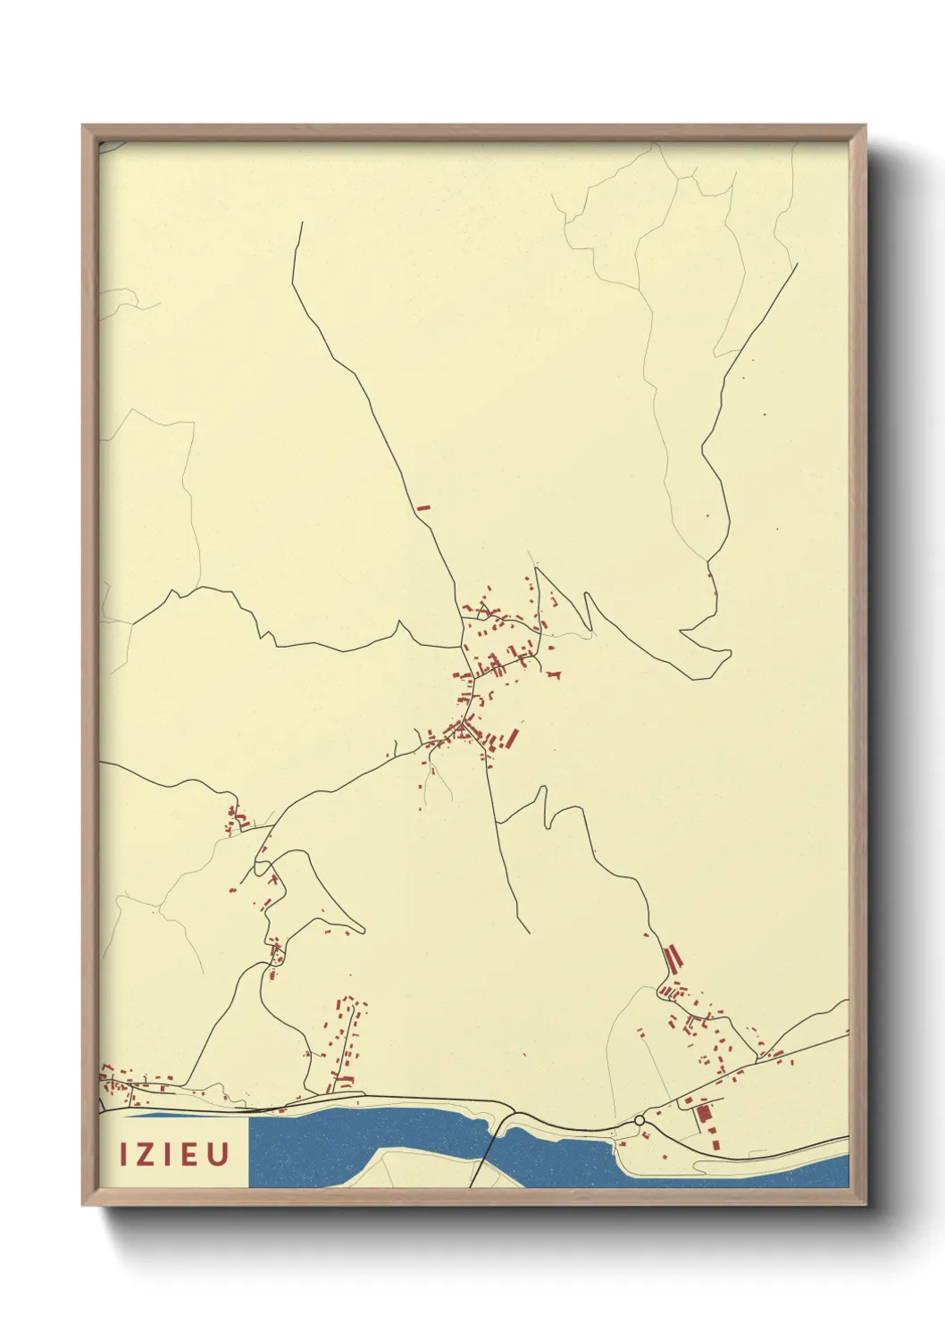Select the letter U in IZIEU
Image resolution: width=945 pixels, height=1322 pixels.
click(x=218, y=1154)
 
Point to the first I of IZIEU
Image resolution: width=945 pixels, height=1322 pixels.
click(x=124, y=1154)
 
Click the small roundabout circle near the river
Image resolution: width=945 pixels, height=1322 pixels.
click(x=640, y=1120)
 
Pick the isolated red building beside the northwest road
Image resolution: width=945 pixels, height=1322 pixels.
click(x=423, y=508)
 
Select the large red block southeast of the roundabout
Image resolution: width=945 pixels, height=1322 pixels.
click(x=703, y=1113)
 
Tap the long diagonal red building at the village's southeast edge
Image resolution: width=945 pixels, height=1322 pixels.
click(x=512, y=738)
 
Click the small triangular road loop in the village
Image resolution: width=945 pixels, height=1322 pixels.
click(x=484, y=612)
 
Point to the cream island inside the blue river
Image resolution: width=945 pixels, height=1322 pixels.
click(x=402, y=1166)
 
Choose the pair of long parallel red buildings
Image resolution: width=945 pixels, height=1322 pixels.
click(x=673, y=958)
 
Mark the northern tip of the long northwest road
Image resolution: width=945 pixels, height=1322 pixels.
click(x=302, y=223)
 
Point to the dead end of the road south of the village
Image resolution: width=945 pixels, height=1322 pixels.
click(x=529, y=933)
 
